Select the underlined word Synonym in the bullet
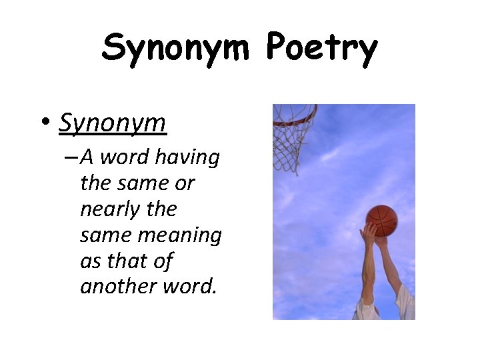tap(112, 123)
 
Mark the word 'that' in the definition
tap(129, 261)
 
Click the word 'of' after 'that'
tap(163, 261)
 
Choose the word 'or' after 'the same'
tap(184, 183)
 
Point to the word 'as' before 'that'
tap(91, 261)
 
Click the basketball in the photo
tap(381, 221)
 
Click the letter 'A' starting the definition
tap(87, 158)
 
